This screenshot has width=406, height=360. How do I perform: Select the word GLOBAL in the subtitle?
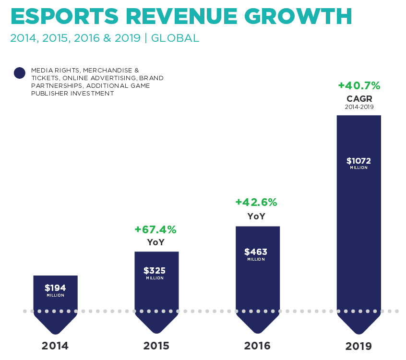coord(175,38)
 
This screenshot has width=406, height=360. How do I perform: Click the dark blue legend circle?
coord(19,73)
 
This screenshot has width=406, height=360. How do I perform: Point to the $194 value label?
coord(55,288)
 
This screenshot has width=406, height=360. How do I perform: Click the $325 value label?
coord(155,271)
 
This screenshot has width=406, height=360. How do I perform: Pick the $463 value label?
coord(256,252)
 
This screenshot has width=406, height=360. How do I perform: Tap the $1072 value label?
coord(358,161)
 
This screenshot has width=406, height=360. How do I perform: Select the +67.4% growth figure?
coord(155,229)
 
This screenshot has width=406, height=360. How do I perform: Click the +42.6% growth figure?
coord(256,202)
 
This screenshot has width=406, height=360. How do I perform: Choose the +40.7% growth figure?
coord(359,85)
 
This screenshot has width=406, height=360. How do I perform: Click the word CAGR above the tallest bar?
coord(359,98)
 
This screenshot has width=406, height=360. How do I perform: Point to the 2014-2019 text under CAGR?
coord(359,107)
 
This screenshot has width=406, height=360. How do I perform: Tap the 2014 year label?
coord(55,346)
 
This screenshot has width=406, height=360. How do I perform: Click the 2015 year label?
coord(156,346)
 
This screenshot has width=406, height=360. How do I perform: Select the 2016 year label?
coord(257,346)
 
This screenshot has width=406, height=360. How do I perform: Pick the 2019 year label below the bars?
coord(358,346)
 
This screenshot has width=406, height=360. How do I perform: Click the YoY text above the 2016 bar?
coord(256,216)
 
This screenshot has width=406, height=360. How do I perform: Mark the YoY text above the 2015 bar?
coord(155,242)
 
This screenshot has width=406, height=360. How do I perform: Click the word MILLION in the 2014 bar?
coord(55,295)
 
